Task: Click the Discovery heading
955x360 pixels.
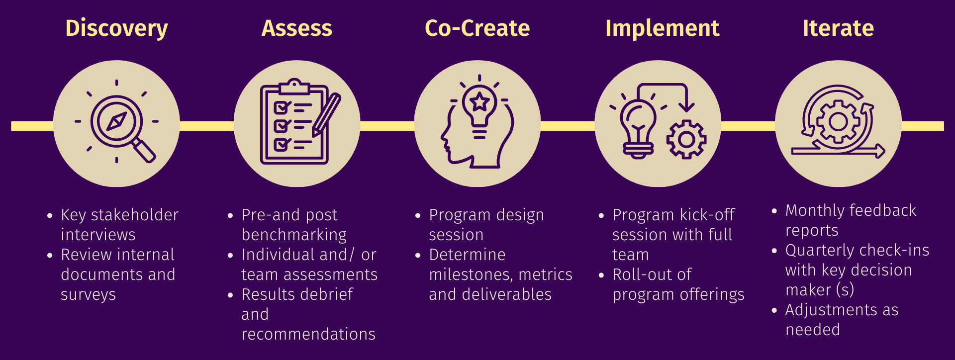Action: [116, 28]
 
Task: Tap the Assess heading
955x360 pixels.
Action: [297, 28]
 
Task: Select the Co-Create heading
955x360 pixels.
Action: [477, 28]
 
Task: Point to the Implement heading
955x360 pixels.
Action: [662, 28]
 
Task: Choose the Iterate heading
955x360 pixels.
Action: [838, 28]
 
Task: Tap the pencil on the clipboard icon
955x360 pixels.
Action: [326, 115]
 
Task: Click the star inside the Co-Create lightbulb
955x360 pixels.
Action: [479, 102]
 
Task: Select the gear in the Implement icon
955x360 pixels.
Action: [686, 140]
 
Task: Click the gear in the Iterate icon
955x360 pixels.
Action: [838, 122]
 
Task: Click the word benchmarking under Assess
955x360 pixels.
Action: [294, 235]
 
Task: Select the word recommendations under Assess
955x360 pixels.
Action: [308, 335]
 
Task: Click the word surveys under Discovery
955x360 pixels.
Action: [88, 295]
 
